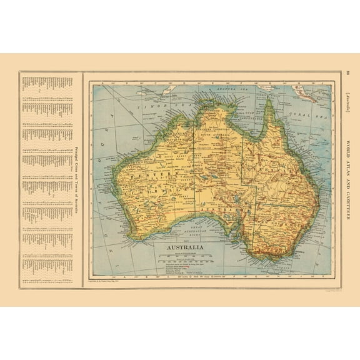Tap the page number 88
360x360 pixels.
pyautogui.click(x=347, y=73)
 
